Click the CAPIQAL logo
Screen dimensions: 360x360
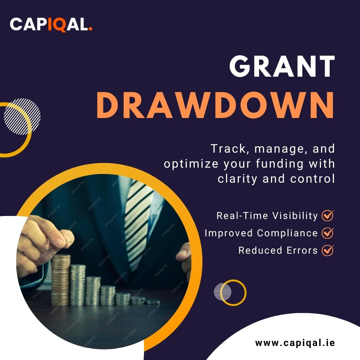pyautogui.click(x=51, y=24)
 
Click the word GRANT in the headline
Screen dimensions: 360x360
pyautogui.click(x=282, y=66)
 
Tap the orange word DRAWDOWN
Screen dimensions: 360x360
pyautogui.click(x=215, y=105)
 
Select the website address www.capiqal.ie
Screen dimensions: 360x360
pyautogui.click(x=295, y=343)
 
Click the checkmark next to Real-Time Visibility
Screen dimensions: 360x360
pyautogui.click(x=328, y=216)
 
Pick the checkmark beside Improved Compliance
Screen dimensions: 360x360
pyautogui.click(x=328, y=233)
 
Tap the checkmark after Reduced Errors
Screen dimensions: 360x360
pyautogui.click(x=328, y=250)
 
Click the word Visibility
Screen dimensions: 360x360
pyautogui.click(x=295, y=216)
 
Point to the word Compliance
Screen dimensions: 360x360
pyautogui.click(x=287, y=233)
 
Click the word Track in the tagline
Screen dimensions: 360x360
pyautogui.click(x=228, y=149)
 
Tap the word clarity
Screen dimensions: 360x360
pyautogui.click(x=237, y=179)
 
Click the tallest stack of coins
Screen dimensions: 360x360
pyautogui.click(x=60, y=280)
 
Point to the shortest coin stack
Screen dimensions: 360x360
pyautogui.click(x=153, y=302)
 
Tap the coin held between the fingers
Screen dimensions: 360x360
pyautogui.click(x=68, y=242)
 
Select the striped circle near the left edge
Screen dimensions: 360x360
pyautogui.click(x=22, y=116)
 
